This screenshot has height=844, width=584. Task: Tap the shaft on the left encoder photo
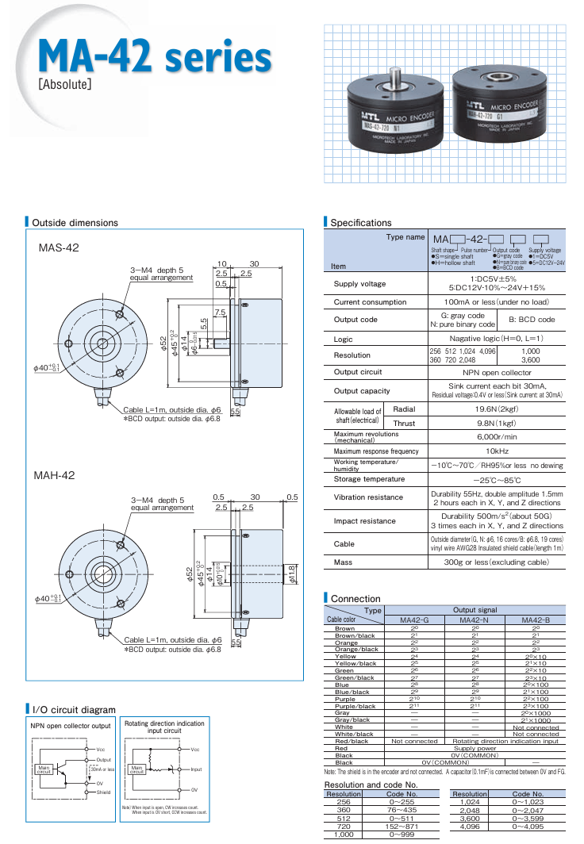point(394,77)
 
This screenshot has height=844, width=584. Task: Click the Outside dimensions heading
point(75,223)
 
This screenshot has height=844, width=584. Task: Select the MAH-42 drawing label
point(54,475)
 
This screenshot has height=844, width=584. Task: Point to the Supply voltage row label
point(359,284)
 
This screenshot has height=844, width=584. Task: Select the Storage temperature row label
point(369,480)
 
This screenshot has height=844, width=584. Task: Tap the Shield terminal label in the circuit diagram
point(103,792)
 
